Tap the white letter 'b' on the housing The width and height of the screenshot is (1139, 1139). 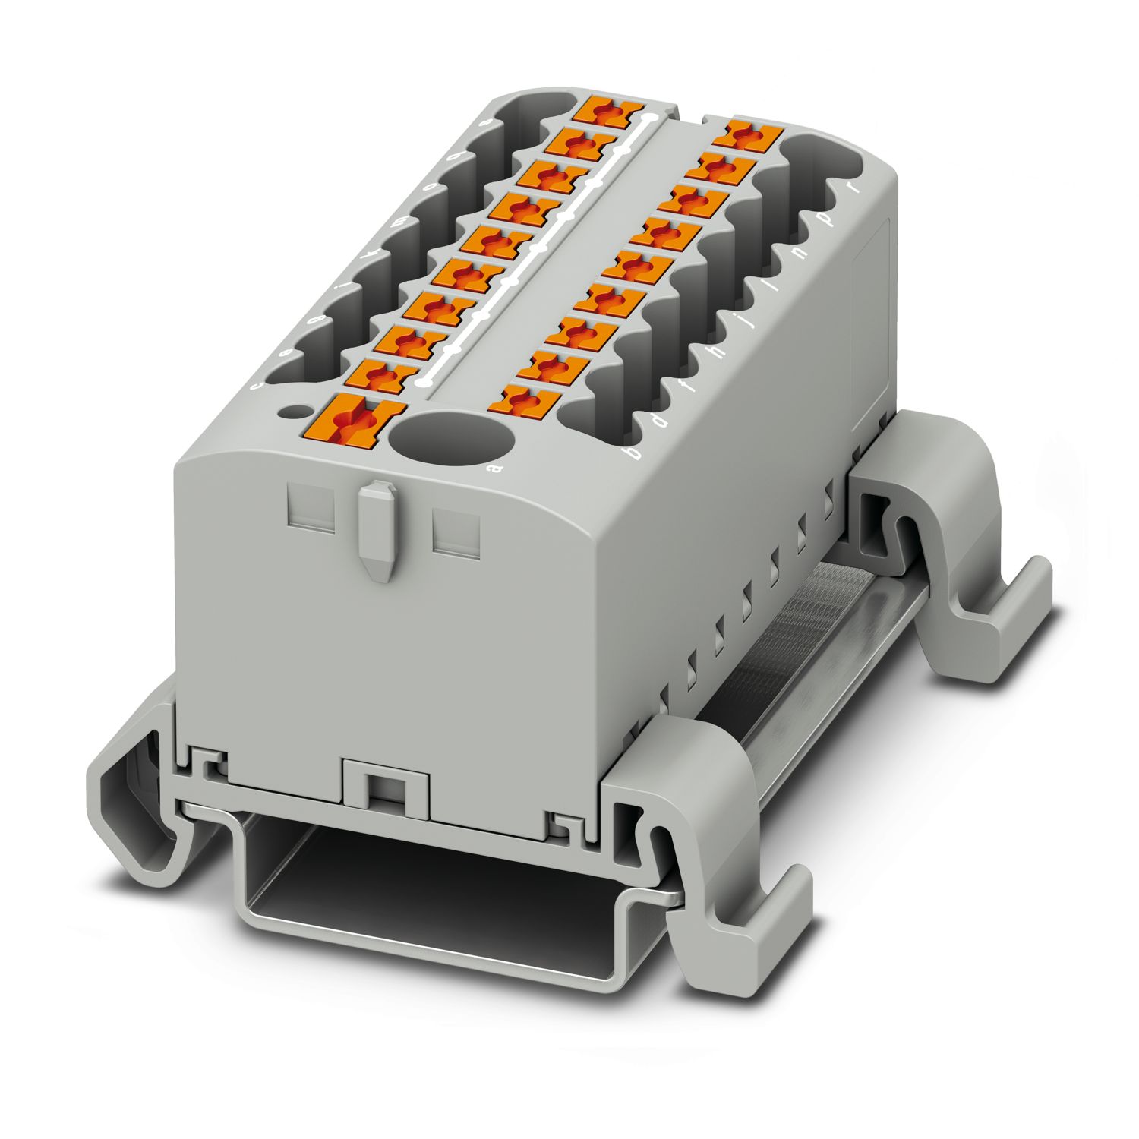pyautogui.click(x=629, y=453)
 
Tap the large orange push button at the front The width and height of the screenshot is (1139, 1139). pyautogui.click(x=352, y=422)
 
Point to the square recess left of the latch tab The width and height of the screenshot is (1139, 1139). pyautogui.click(x=311, y=509)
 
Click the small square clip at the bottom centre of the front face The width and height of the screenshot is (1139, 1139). pyautogui.click(x=386, y=781)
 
